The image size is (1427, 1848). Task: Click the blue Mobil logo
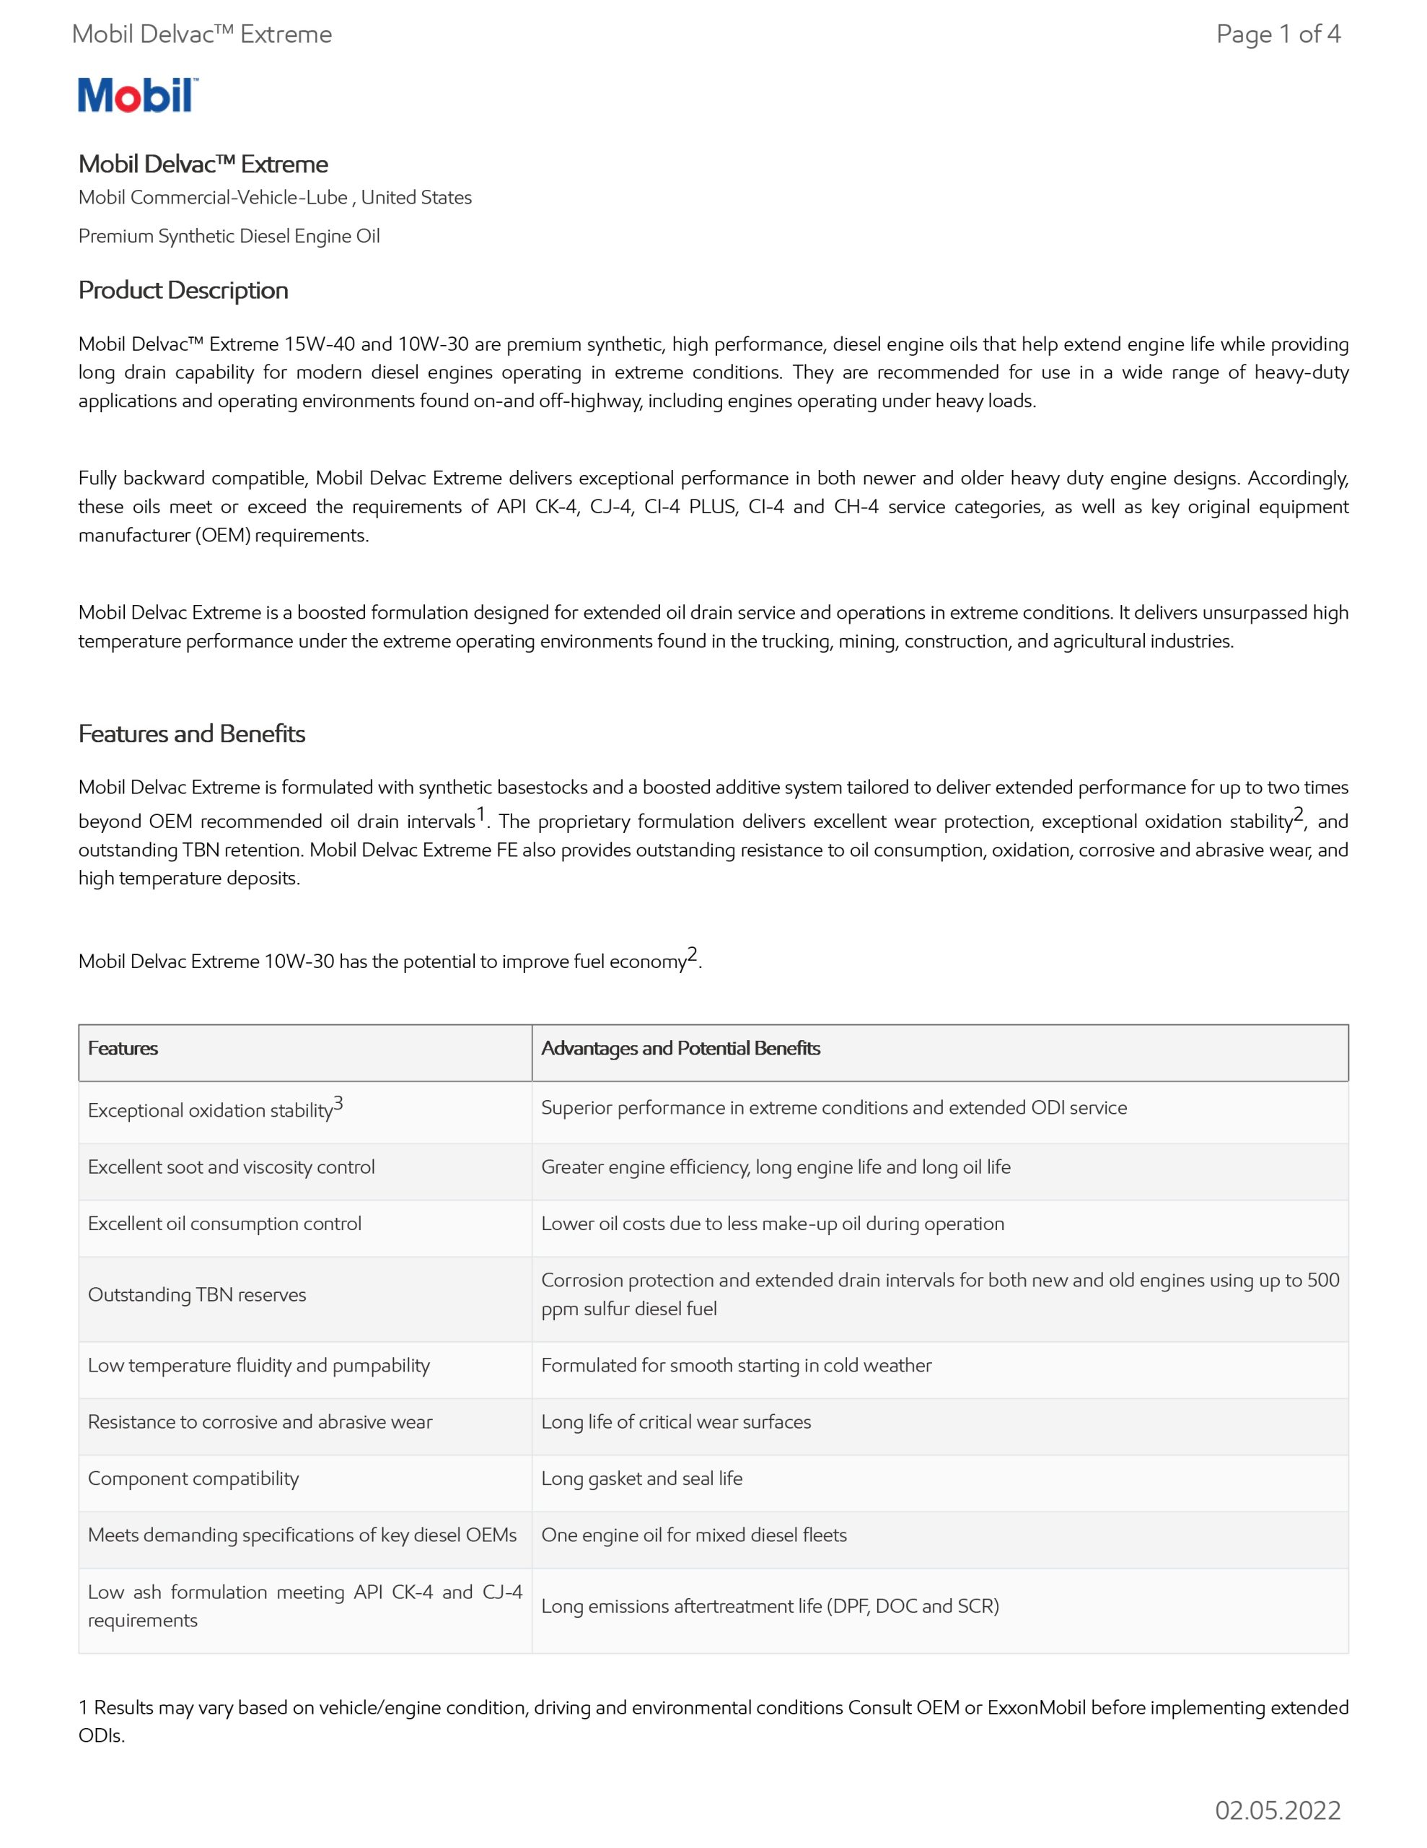tap(138, 95)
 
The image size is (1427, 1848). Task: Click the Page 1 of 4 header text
tap(1277, 34)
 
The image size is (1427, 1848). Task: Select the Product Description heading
tap(183, 290)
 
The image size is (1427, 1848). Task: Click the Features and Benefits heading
tap(192, 733)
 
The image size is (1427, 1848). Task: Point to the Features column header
tap(123, 1048)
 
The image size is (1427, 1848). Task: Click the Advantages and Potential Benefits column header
tap(681, 1048)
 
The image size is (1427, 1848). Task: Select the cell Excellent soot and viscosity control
tap(231, 1168)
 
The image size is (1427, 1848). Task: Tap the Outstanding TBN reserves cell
tap(197, 1294)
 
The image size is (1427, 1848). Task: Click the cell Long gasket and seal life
tap(642, 1478)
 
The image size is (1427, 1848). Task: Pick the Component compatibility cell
tap(194, 1478)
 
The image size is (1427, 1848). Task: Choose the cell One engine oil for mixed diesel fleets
tap(693, 1535)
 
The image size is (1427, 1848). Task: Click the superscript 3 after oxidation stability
tap(338, 1103)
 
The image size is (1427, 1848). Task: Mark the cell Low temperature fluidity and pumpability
tap(259, 1365)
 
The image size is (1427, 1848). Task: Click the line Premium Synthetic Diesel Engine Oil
tap(229, 236)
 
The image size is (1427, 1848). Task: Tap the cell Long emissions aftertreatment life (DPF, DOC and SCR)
tap(770, 1606)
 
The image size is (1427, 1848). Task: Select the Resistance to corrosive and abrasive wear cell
tap(260, 1421)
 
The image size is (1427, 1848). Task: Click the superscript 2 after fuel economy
tap(693, 955)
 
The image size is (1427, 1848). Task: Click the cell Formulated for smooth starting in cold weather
tap(736, 1365)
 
